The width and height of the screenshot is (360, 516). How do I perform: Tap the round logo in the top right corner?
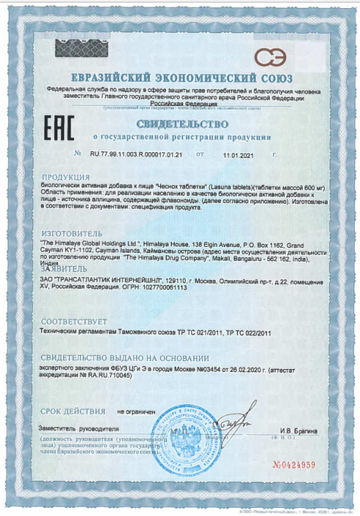(270, 56)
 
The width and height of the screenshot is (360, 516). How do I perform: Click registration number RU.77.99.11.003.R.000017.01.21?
(136, 155)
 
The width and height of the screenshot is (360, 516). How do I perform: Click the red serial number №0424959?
(293, 465)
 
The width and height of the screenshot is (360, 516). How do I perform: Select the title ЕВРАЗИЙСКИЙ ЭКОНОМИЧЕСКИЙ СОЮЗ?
(181, 78)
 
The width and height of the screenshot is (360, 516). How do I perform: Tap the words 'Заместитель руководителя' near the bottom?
(79, 428)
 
